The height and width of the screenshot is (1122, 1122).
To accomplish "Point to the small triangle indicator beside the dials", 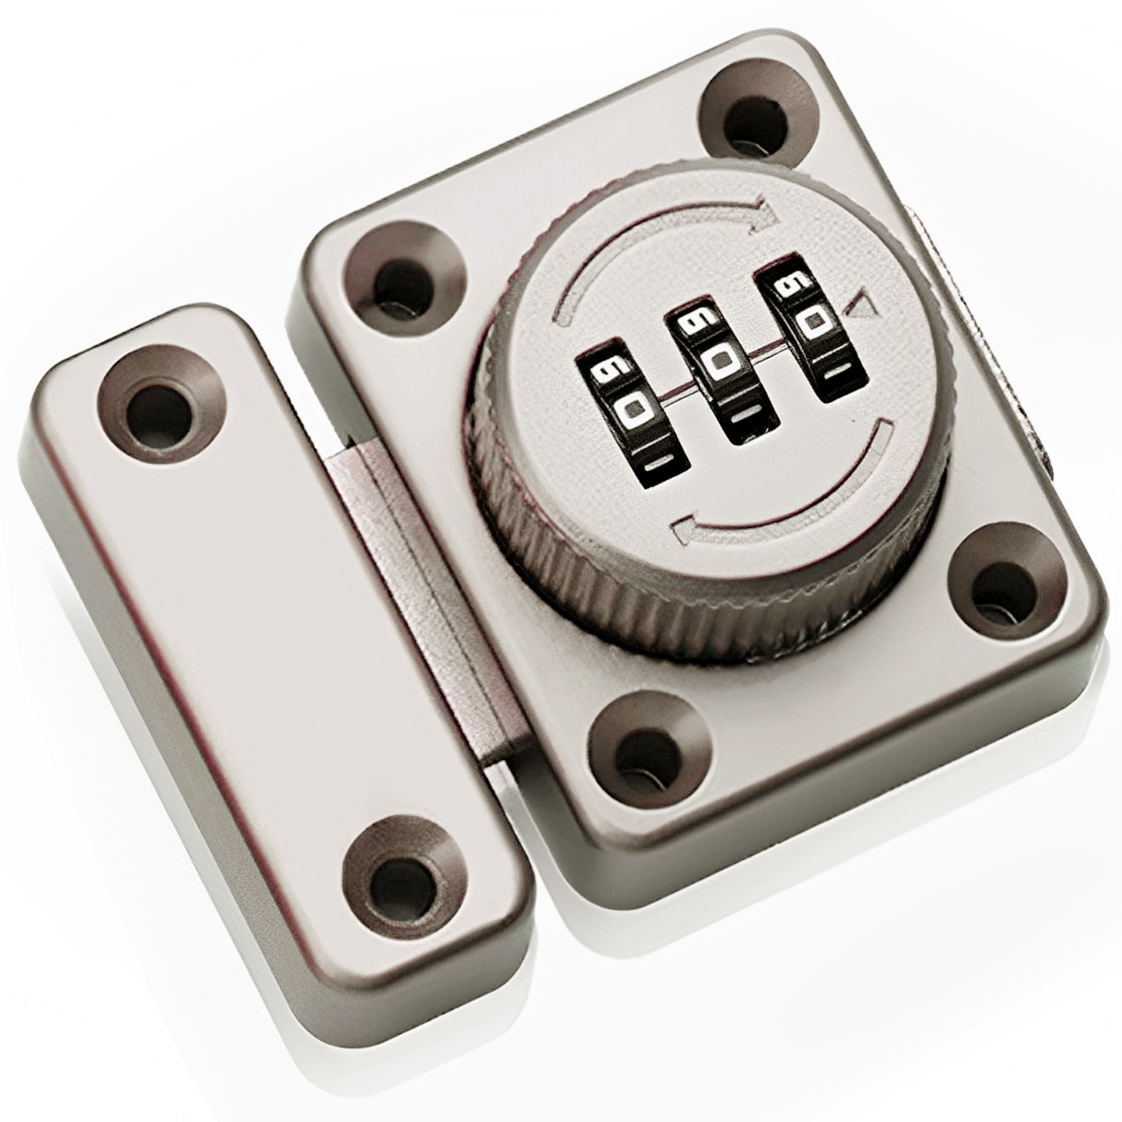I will [861, 305].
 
